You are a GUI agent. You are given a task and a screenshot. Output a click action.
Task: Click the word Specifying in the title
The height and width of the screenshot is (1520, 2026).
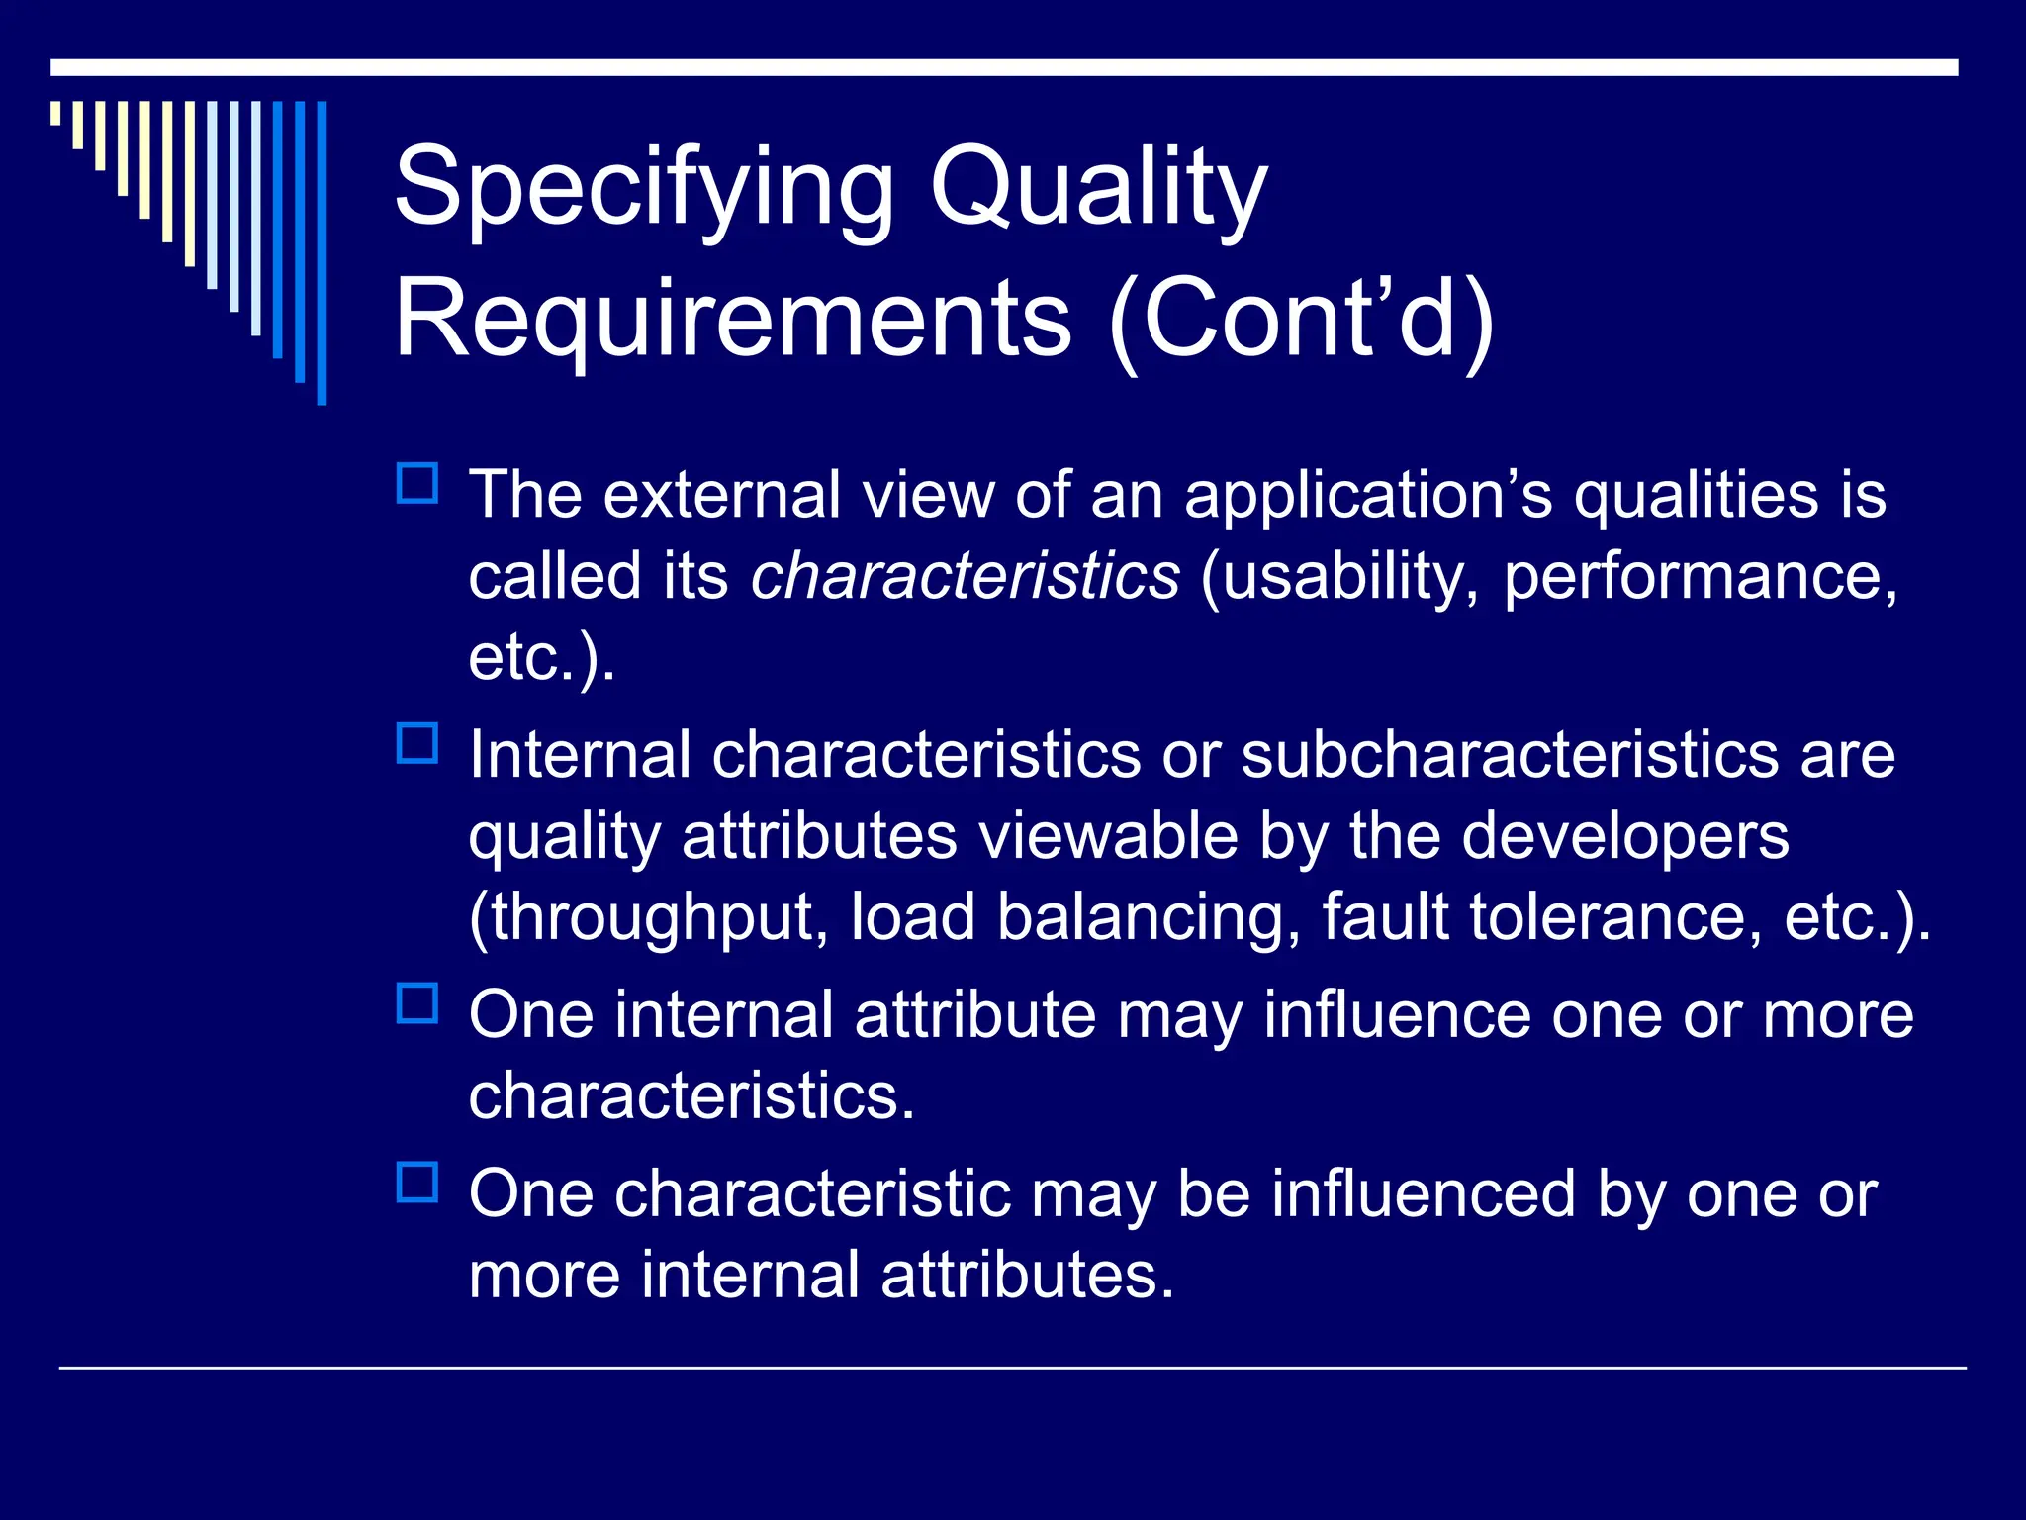(x=643, y=188)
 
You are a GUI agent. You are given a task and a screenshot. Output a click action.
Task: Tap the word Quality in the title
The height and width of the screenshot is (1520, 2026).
(x=1098, y=188)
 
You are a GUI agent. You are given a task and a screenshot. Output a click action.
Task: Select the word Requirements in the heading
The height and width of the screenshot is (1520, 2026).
(x=732, y=319)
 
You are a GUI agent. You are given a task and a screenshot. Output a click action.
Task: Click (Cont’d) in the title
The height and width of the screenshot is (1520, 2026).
(x=1301, y=319)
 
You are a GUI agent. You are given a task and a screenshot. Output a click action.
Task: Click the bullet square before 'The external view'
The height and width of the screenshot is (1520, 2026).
(x=417, y=484)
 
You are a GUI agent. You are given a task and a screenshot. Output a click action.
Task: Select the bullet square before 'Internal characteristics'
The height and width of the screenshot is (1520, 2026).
(x=417, y=744)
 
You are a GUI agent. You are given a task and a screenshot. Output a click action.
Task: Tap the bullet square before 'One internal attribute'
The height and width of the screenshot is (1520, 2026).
(x=417, y=1003)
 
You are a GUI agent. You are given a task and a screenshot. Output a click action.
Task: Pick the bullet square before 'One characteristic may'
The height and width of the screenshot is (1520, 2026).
(x=417, y=1183)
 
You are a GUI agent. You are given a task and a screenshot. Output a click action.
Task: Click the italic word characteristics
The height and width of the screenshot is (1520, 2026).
(x=965, y=576)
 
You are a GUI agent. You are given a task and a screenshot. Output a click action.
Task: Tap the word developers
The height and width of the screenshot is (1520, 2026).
(x=1624, y=837)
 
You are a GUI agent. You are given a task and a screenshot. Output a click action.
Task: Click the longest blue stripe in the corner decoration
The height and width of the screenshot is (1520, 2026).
(x=322, y=252)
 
